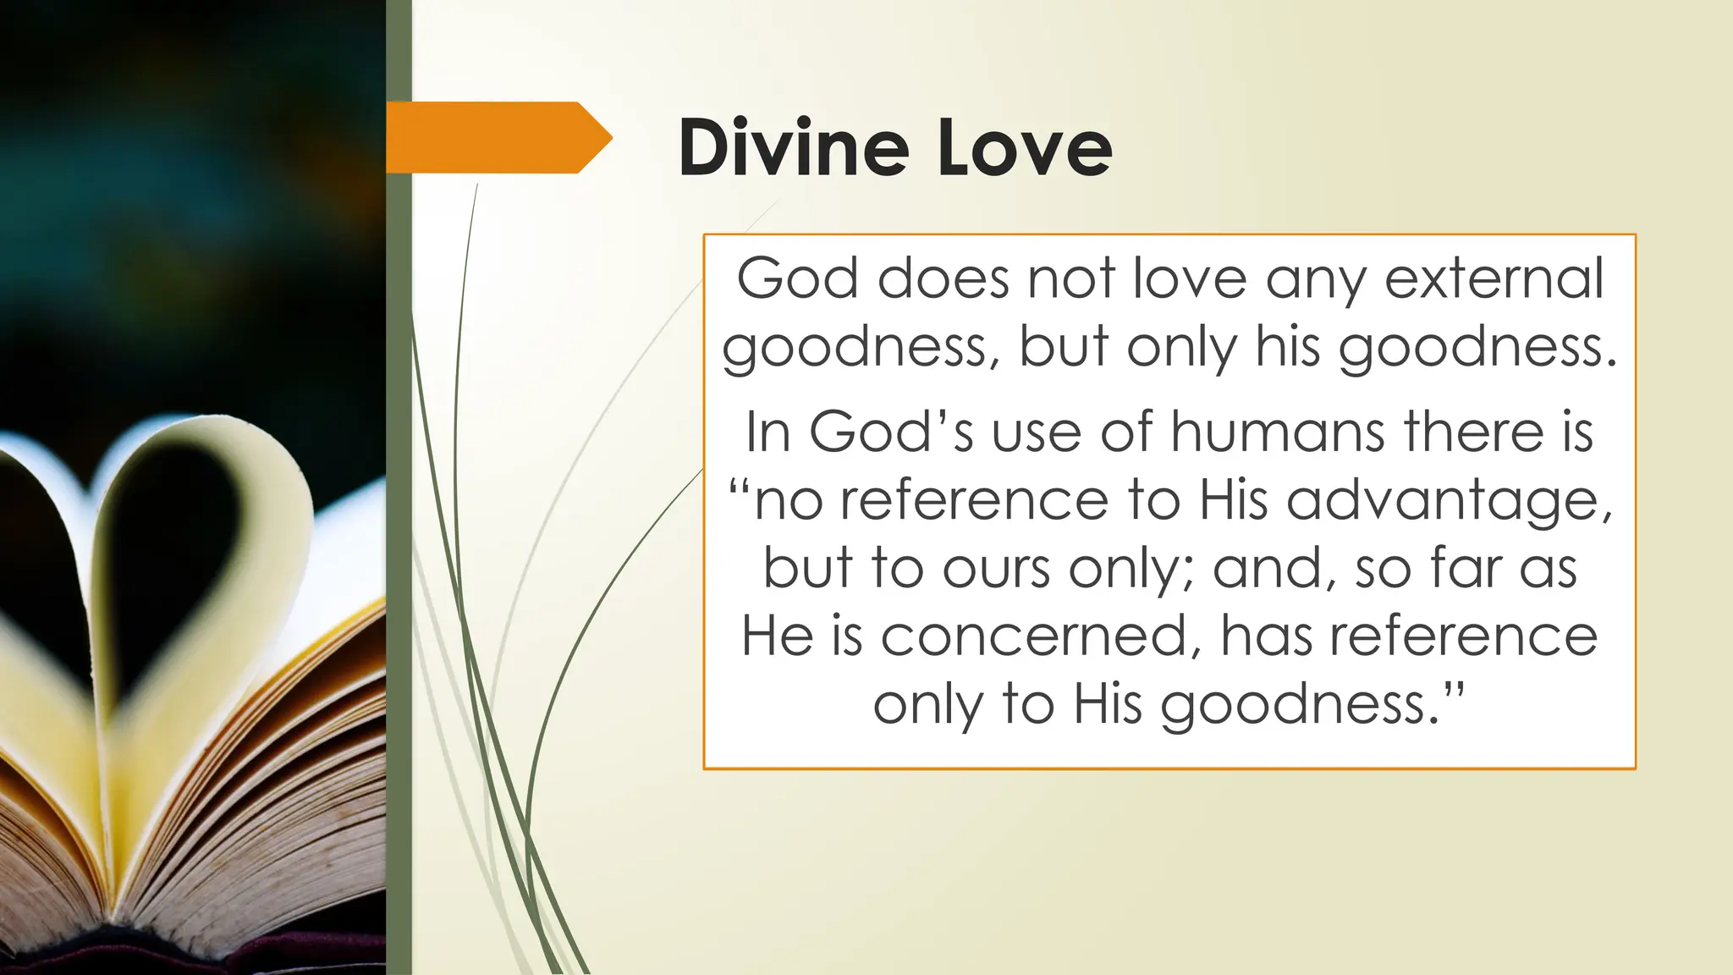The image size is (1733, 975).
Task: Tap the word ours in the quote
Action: tap(997, 568)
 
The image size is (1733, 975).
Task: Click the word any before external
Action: tap(1315, 279)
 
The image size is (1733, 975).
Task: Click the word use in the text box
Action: tap(1036, 433)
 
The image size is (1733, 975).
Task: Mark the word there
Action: tap(1473, 432)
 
